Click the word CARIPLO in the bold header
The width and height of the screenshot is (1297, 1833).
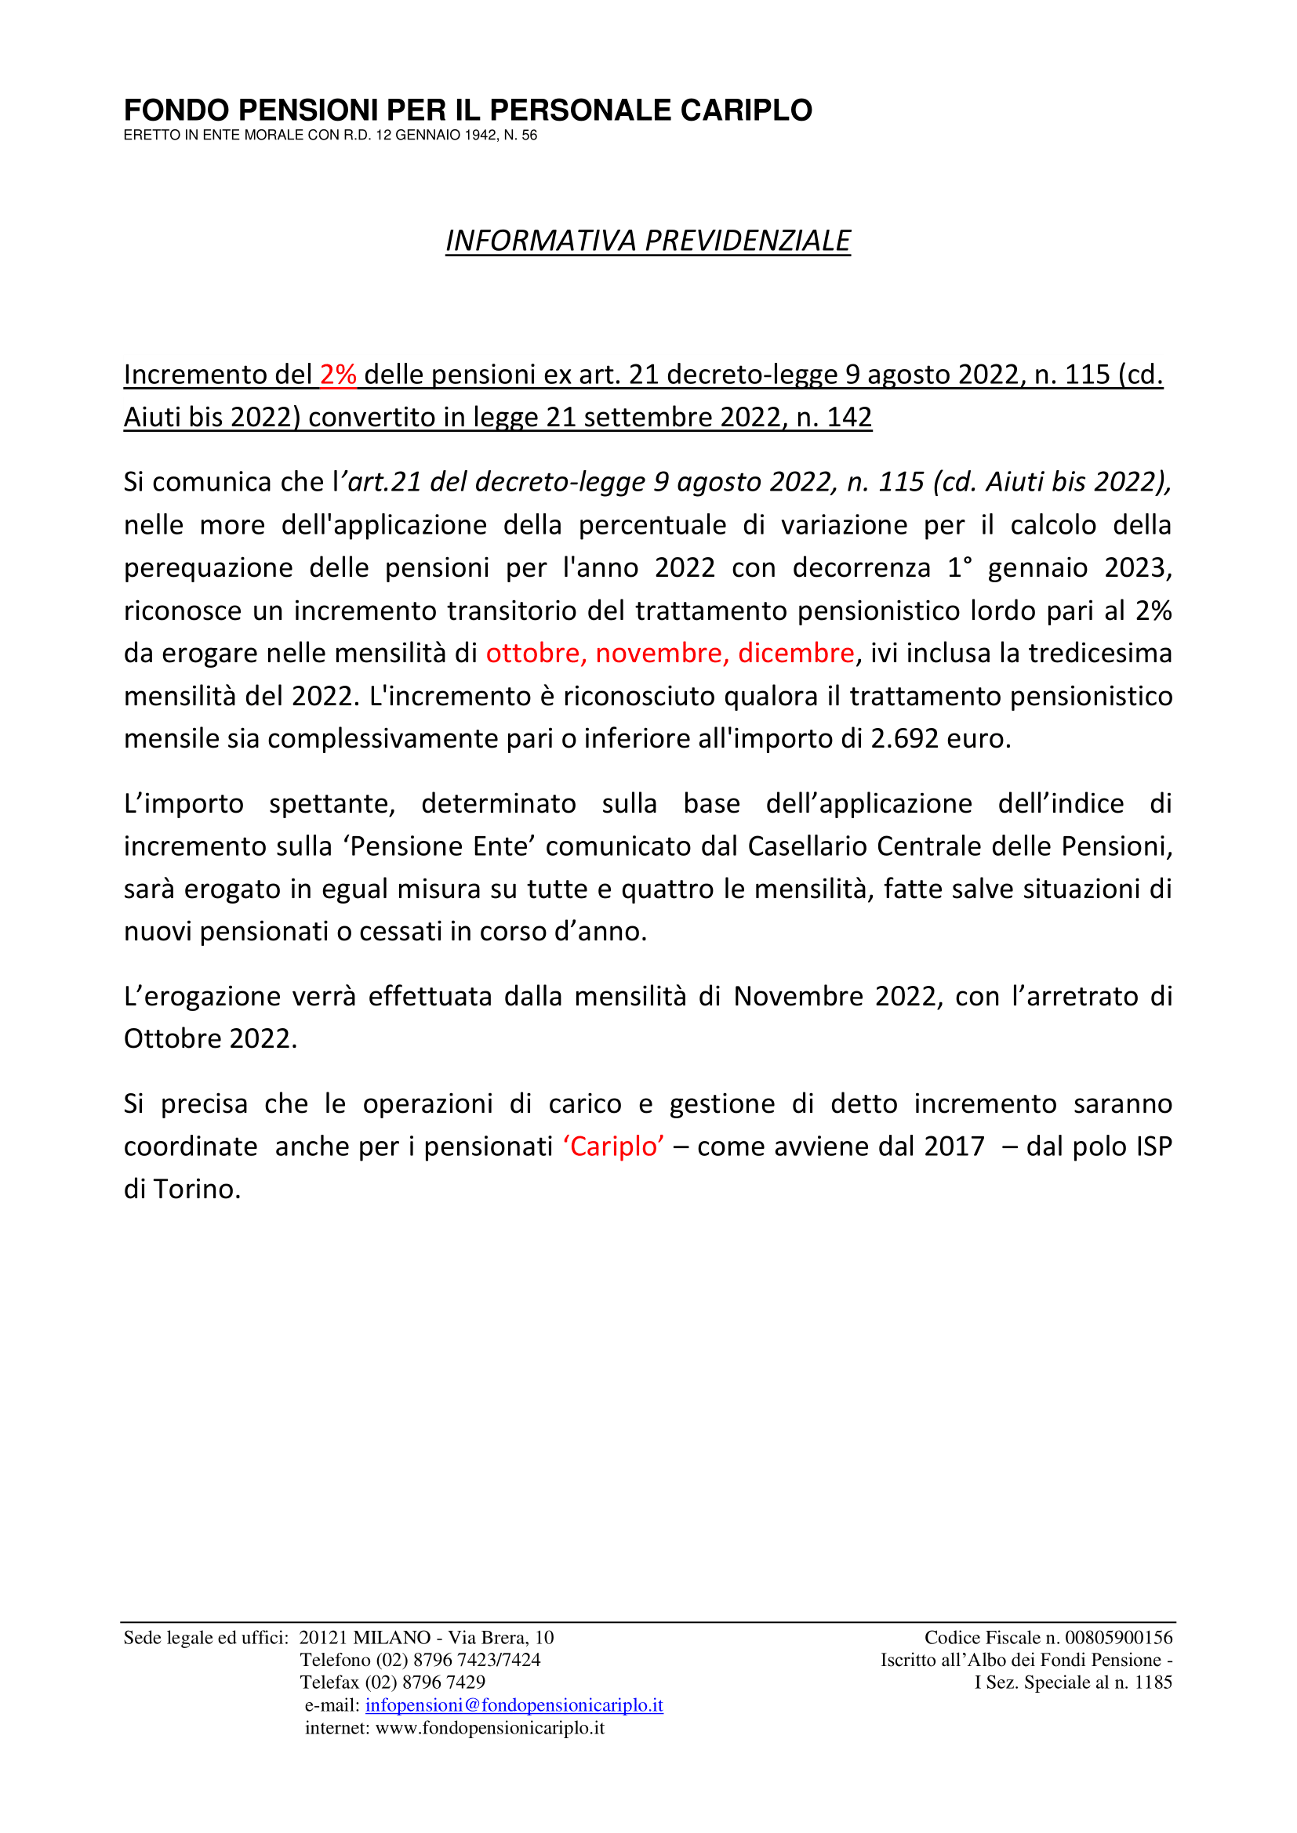745,110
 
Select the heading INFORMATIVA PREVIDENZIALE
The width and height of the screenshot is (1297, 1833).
648,241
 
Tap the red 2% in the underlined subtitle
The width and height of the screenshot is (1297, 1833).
338,375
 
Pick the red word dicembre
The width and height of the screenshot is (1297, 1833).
795,653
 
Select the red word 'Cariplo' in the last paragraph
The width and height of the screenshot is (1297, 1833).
613,1147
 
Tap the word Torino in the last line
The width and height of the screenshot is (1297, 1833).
197,1190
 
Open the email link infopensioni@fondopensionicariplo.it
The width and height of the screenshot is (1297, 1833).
514,1705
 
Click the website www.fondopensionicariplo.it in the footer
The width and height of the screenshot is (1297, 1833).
489,1728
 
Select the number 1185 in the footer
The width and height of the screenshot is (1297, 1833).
1153,1682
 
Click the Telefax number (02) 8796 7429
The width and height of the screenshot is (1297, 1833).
425,1682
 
